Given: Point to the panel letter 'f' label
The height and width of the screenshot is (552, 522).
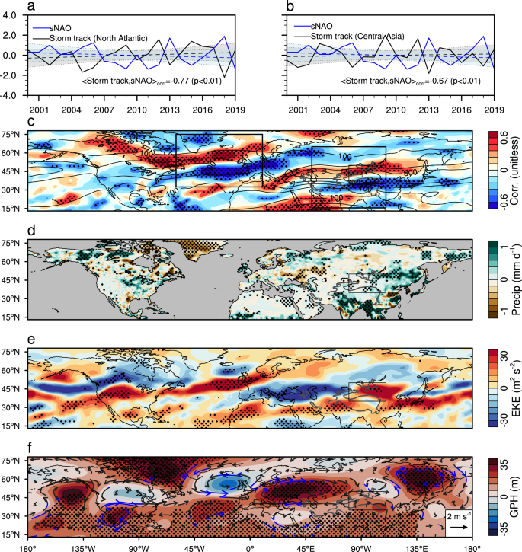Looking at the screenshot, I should (31, 448).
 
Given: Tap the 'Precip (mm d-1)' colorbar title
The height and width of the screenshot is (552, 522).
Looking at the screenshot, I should (511, 279).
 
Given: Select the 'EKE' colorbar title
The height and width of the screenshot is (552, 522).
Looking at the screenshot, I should (511, 388).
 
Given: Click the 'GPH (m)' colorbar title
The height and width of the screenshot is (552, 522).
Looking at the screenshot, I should (511, 498).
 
